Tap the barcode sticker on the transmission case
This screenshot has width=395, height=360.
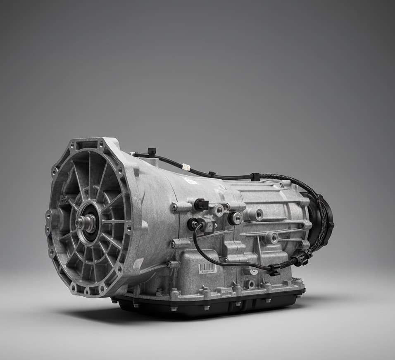(x=207, y=268)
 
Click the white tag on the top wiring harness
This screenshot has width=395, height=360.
(x=186, y=167)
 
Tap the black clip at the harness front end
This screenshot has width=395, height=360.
(x=151, y=152)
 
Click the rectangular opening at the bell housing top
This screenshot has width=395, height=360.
(x=87, y=145)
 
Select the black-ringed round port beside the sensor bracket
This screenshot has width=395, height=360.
(x=235, y=218)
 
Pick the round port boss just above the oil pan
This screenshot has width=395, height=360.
(x=250, y=284)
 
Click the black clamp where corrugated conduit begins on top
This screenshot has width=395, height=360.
(x=255, y=177)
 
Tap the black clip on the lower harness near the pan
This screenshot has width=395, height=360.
(x=274, y=269)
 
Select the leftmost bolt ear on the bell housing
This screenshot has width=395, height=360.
(x=48, y=216)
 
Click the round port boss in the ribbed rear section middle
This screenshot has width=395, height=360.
(x=271, y=238)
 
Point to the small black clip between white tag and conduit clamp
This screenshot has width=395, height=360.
(x=212, y=174)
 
